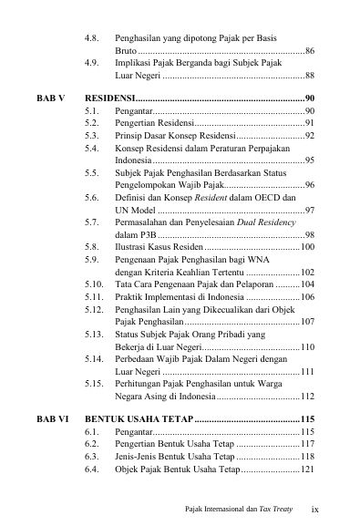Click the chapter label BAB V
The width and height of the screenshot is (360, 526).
point(51,96)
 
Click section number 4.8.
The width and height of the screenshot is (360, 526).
point(91,39)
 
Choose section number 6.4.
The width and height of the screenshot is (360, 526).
point(91,468)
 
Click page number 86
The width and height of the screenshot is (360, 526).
point(310,51)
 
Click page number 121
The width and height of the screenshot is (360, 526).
point(307,468)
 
